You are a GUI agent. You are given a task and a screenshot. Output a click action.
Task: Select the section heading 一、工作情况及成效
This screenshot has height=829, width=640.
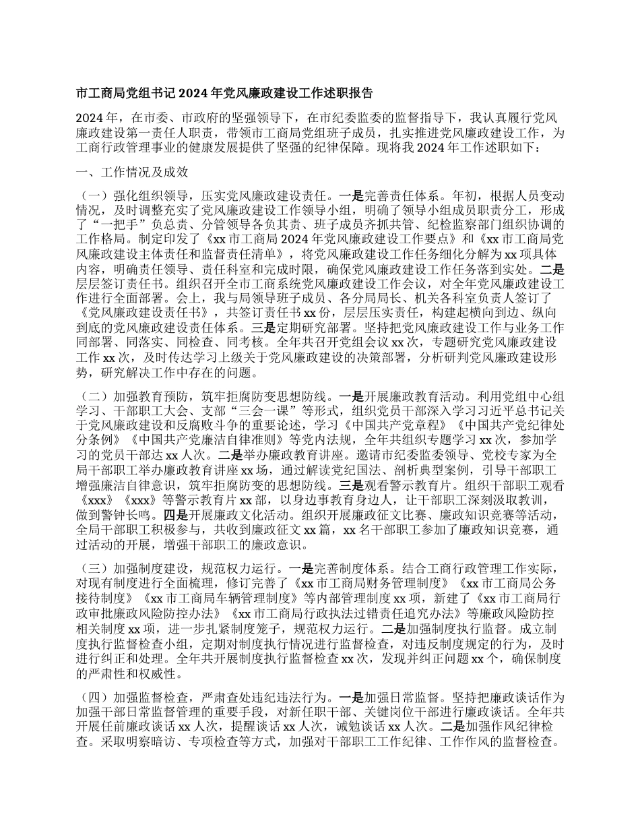point(131,172)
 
